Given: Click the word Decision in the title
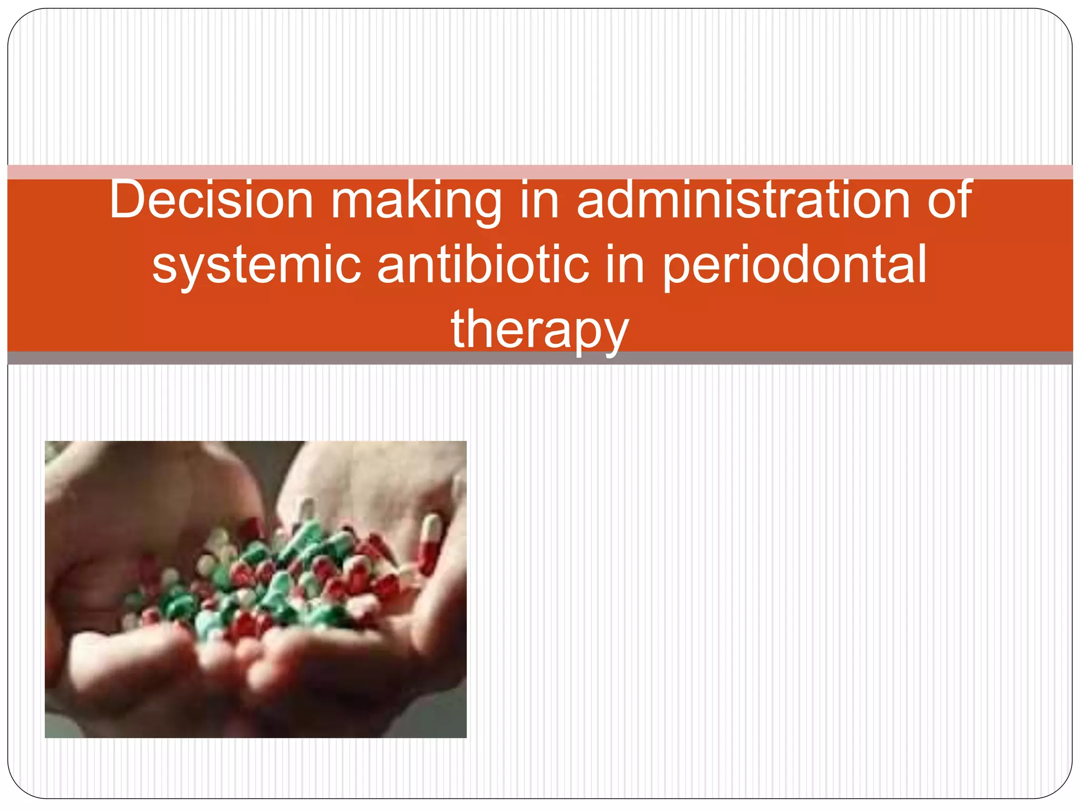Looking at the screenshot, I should pyautogui.click(x=211, y=200).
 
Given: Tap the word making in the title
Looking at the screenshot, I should pyautogui.click(x=416, y=200).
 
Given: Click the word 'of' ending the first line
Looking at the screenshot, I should pyautogui.click(x=949, y=200).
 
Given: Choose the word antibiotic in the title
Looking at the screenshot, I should pyautogui.click(x=483, y=265).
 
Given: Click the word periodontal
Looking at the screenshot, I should pyautogui.click(x=794, y=265).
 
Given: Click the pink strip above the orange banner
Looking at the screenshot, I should pyautogui.click(x=540, y=172).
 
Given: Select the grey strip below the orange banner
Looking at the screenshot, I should pyautogui.click(x=540, y=359).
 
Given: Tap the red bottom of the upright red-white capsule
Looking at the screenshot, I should pyautogui.click(x=428, y=559).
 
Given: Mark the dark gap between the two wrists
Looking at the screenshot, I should pyautogui.click(x=274, y=464).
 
